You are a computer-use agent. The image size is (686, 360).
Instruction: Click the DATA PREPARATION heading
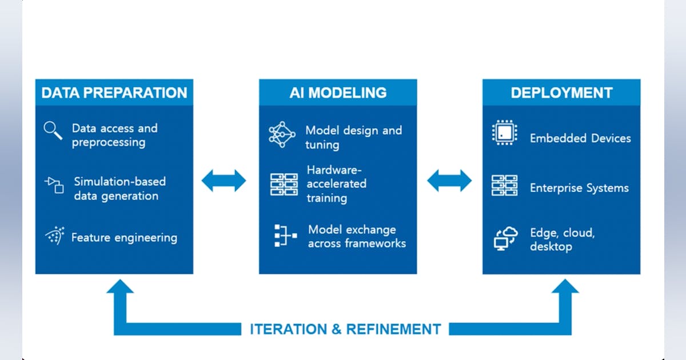tap(114, 93)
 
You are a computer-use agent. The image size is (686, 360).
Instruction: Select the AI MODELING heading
tap(338, 93)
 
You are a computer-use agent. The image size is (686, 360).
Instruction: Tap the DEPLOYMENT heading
tap(561, 93)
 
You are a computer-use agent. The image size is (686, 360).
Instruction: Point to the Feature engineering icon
tap(54, 236)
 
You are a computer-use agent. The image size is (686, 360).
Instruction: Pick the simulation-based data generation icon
tap(54, 185)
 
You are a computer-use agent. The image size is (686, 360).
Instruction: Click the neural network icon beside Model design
tap(282, 134)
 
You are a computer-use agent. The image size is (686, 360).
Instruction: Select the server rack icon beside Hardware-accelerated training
tap(284, 185)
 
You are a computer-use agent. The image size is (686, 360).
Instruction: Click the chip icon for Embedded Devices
tap(505, 133)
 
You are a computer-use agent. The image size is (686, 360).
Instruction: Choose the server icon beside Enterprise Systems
tap(505, 186)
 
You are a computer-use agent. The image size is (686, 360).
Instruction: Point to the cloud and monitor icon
tap(505, 238)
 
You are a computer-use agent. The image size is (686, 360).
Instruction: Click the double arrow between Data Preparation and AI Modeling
tap(224, 181)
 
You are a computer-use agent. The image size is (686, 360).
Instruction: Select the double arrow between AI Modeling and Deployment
tap(449, 181)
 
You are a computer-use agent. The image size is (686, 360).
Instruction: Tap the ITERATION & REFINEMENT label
tap(345, 329)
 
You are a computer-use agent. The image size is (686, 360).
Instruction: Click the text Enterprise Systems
tap(579, 188)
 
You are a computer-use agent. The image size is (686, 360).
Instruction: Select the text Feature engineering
tap(124, 238)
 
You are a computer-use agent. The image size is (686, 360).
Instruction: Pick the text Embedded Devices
tap(580, 138)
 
